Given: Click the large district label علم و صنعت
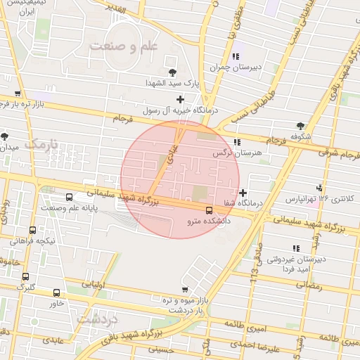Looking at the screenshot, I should (124, 45).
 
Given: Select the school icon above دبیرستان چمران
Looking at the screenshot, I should (236, 56).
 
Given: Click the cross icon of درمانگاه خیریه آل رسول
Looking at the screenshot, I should (181, 99).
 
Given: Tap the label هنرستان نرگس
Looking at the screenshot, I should (236, 152).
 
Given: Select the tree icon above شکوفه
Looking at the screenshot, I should (301, 125).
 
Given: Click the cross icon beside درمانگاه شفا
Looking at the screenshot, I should (243, 193).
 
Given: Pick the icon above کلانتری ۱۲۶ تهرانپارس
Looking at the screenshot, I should (320, 188).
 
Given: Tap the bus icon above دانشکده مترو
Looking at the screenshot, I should (209, 210).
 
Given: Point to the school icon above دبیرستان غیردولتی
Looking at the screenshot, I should (296, 248).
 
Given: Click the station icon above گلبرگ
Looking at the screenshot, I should (26, 277).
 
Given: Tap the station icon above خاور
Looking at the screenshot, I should (56, 292).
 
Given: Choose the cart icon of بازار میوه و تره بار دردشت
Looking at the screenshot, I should (184, 290).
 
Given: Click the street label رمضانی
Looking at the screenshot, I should (308, 286).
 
